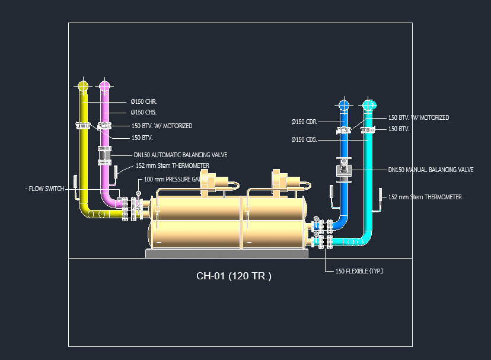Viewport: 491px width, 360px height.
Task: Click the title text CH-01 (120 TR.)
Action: coord(234,276)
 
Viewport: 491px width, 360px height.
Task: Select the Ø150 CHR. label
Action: coord(144,101)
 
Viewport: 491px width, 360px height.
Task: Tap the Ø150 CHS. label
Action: coord(144,112)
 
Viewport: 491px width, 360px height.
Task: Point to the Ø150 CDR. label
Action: coord(303,122)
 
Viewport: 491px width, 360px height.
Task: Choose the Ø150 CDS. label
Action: coord(303,140)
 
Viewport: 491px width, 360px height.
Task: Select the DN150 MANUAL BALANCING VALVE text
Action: coord(431,170)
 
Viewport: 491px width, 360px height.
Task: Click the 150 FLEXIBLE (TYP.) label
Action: coord(359,271)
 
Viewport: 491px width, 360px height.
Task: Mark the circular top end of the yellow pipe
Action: coord(83,87)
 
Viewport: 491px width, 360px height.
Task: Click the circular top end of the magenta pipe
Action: coord(104,87)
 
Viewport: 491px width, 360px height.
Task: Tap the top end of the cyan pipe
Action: coord(369,106)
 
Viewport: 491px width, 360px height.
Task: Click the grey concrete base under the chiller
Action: coord(227,254)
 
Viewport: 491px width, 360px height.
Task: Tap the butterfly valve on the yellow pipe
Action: coord(83,126)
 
